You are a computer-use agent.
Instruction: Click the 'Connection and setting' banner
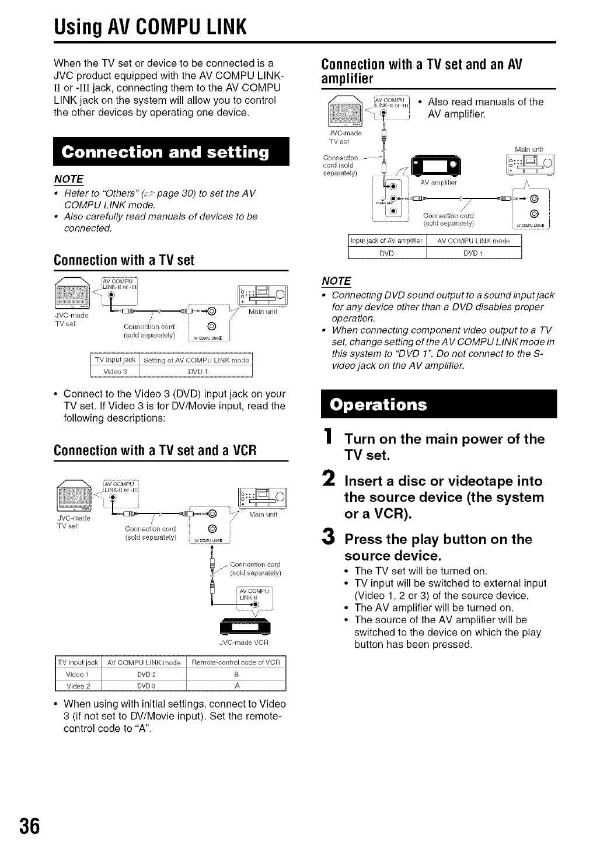(166, 153)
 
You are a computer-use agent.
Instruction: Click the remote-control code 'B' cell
(236, 674)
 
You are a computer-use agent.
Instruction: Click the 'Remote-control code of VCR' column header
(236, 662)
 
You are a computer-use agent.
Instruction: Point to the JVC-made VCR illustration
(243, 627)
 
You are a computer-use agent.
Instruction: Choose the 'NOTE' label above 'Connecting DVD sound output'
(336, 281)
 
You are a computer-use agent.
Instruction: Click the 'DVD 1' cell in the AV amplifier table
(473, 253)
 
